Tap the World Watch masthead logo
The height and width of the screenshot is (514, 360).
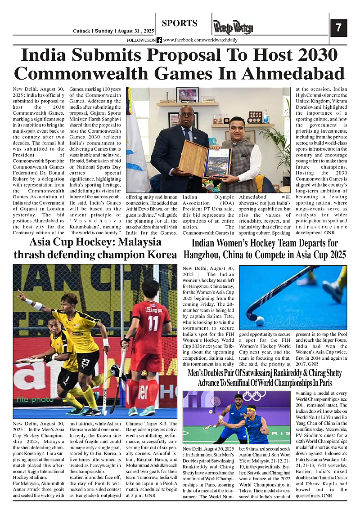point(233,27)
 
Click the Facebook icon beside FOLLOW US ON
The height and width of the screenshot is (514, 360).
point(159,40)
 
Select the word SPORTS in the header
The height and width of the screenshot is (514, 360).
point(180,23)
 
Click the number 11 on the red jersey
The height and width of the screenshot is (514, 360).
point(153,323)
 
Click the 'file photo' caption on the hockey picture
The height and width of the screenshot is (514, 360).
point(35,399)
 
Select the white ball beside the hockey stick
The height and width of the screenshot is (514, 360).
point(260,321)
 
